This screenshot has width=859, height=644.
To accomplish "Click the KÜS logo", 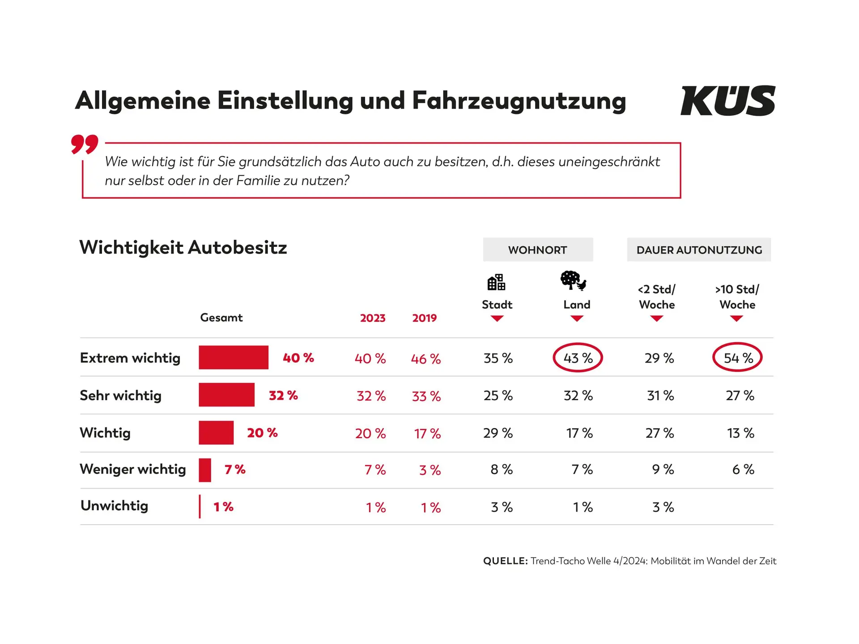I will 727,101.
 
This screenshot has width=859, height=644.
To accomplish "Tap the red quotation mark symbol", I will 85,144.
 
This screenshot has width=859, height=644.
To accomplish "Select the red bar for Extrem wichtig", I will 234,357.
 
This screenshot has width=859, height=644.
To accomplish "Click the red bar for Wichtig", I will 216,432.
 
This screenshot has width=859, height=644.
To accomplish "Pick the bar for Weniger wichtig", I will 205,470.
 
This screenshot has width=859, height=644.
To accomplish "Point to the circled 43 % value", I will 578,358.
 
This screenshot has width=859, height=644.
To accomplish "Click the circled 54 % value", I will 737,357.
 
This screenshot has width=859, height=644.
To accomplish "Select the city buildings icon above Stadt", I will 496,283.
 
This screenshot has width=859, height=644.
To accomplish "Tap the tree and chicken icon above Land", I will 573,281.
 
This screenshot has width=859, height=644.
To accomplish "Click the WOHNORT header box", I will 538,250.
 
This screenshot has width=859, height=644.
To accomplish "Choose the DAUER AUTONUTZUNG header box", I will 699,250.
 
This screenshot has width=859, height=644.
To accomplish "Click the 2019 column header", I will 424,318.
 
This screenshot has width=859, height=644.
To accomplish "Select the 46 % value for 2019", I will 425,359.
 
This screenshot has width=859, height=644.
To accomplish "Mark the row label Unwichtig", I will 114,506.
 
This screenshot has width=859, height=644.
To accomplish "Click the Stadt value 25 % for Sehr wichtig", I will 498,395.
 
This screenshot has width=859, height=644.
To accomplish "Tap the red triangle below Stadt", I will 497,318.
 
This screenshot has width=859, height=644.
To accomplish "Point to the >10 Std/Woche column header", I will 737,297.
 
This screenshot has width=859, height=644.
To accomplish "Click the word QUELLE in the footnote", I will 505,561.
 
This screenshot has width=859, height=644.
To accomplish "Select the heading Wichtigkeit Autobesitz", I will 183,247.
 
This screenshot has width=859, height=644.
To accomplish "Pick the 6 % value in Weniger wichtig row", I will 743,469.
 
